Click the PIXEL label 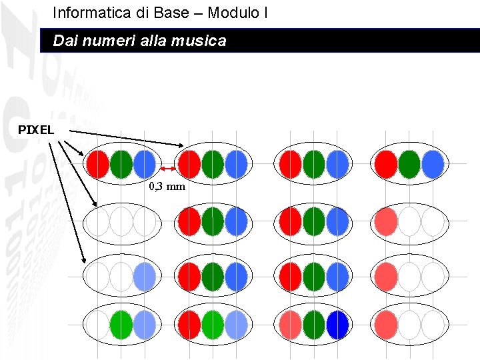click(x=36, y=129)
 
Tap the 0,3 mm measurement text click(x=167, y=187)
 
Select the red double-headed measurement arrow click(x=168, y=169)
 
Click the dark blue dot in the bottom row click(x=337, y=325)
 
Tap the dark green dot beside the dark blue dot click(x=313, y=325)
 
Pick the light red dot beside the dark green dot click(x=291, y=325)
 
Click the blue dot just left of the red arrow click(x=144, y=164)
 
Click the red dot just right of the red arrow click(x=190, y=164)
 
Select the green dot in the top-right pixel click(x=409, y=164)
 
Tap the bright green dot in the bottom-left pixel click(x=121, y=325)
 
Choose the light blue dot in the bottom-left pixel click(x=144, y=325)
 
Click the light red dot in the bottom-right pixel click(x=385, y=325)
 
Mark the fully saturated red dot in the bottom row click(x=190, y=325)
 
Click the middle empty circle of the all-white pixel click(x=121, y=221)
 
